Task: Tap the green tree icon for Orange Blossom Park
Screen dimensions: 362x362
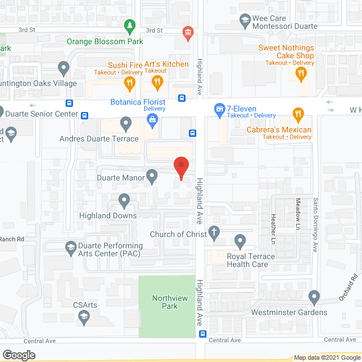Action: coord(130,26)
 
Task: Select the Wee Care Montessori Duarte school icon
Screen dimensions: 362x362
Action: coord(245,22)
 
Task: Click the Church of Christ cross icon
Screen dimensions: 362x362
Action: coord(214,231)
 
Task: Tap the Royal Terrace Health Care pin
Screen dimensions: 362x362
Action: coord(240,241)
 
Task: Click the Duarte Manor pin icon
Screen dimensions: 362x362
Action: coord(152,176)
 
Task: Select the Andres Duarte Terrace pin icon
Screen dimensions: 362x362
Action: coord(126,123)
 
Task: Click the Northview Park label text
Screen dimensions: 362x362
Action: coord(165,303)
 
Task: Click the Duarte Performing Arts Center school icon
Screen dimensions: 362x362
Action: coord(70,247)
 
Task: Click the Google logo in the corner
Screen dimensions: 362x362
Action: coord(18,355)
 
